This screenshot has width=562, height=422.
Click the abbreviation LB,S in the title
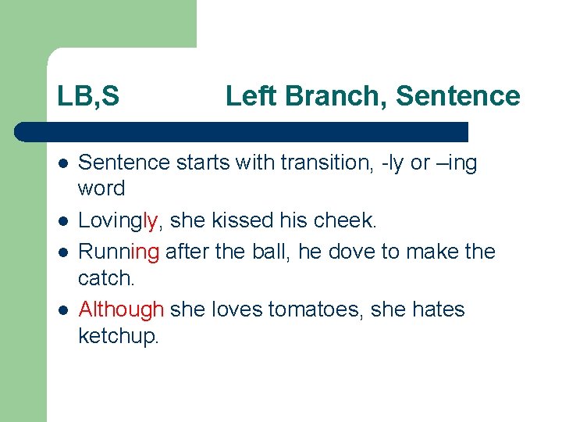tap(88, 97)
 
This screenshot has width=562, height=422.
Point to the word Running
tap(119, 252)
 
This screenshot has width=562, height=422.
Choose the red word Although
tap(121, 309)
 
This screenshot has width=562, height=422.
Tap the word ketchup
tap(118, 336)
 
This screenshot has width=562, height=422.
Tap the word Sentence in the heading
tap(457, 96)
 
